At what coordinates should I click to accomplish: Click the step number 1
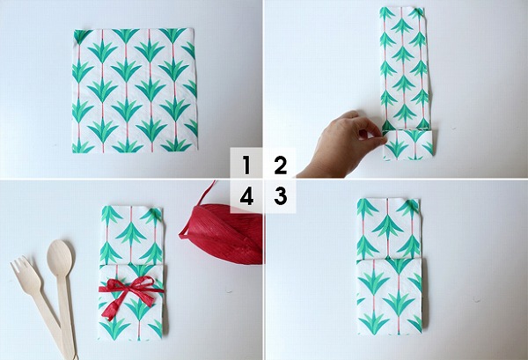(246, 165)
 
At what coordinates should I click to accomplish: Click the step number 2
(281, 165)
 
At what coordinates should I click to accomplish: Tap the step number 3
(281, 196)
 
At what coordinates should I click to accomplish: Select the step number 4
(246, 196)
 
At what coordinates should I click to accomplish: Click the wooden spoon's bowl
(60, 253)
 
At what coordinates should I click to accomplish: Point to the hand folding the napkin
(341, 145)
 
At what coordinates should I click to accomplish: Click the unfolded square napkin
(135, 91)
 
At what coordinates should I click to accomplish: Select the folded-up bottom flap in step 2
(408, 144)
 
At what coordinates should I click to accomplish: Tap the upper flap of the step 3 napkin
(388, 229)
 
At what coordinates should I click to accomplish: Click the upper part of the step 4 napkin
(131, 235)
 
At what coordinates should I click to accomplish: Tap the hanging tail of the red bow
(114, 307)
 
